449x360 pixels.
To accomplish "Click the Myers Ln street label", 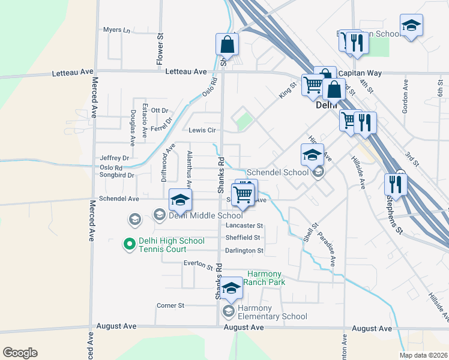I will pos(116,29).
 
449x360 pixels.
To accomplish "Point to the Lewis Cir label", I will pos(202,130).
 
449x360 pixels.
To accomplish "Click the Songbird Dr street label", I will pos(117,176).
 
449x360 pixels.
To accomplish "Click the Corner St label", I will pos(170,305).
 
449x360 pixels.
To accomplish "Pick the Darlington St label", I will pos(244,250).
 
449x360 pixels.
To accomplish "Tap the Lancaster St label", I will pos(244,226).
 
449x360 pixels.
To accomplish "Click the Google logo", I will pos(20,353).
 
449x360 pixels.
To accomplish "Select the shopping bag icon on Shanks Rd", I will pos(228,44).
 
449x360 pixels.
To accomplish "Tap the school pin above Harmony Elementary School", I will pos(231,289).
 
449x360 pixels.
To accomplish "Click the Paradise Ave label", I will pos(327,249).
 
